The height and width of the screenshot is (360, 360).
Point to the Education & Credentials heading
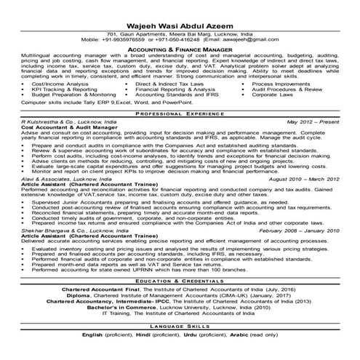180,281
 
